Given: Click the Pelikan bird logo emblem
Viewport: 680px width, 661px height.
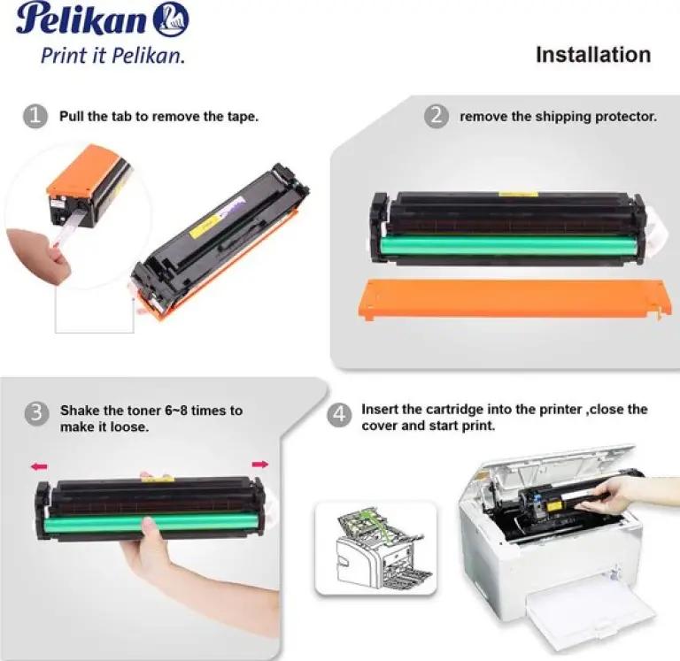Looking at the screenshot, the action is (x=172, y=20).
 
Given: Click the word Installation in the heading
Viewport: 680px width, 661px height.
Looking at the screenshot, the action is (x=593, y=55).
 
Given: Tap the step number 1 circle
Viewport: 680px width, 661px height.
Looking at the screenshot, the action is (x=35, y=117).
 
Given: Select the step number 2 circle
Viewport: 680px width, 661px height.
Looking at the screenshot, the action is (x=437, y=116).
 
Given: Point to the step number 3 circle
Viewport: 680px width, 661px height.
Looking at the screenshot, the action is (x=36, y=413).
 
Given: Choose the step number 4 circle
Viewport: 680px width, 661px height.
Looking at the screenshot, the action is (x=339, y=415).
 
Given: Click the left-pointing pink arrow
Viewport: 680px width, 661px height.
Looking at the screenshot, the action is (x=39, y=466).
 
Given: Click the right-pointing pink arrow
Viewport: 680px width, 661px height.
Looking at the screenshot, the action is (x=260, y=465).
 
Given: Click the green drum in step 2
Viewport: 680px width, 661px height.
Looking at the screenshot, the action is (x=511, y=247).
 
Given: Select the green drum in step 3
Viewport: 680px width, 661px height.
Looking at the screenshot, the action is (x=151, y=523).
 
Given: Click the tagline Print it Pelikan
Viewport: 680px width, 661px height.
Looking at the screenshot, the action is (x=112, y=56).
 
